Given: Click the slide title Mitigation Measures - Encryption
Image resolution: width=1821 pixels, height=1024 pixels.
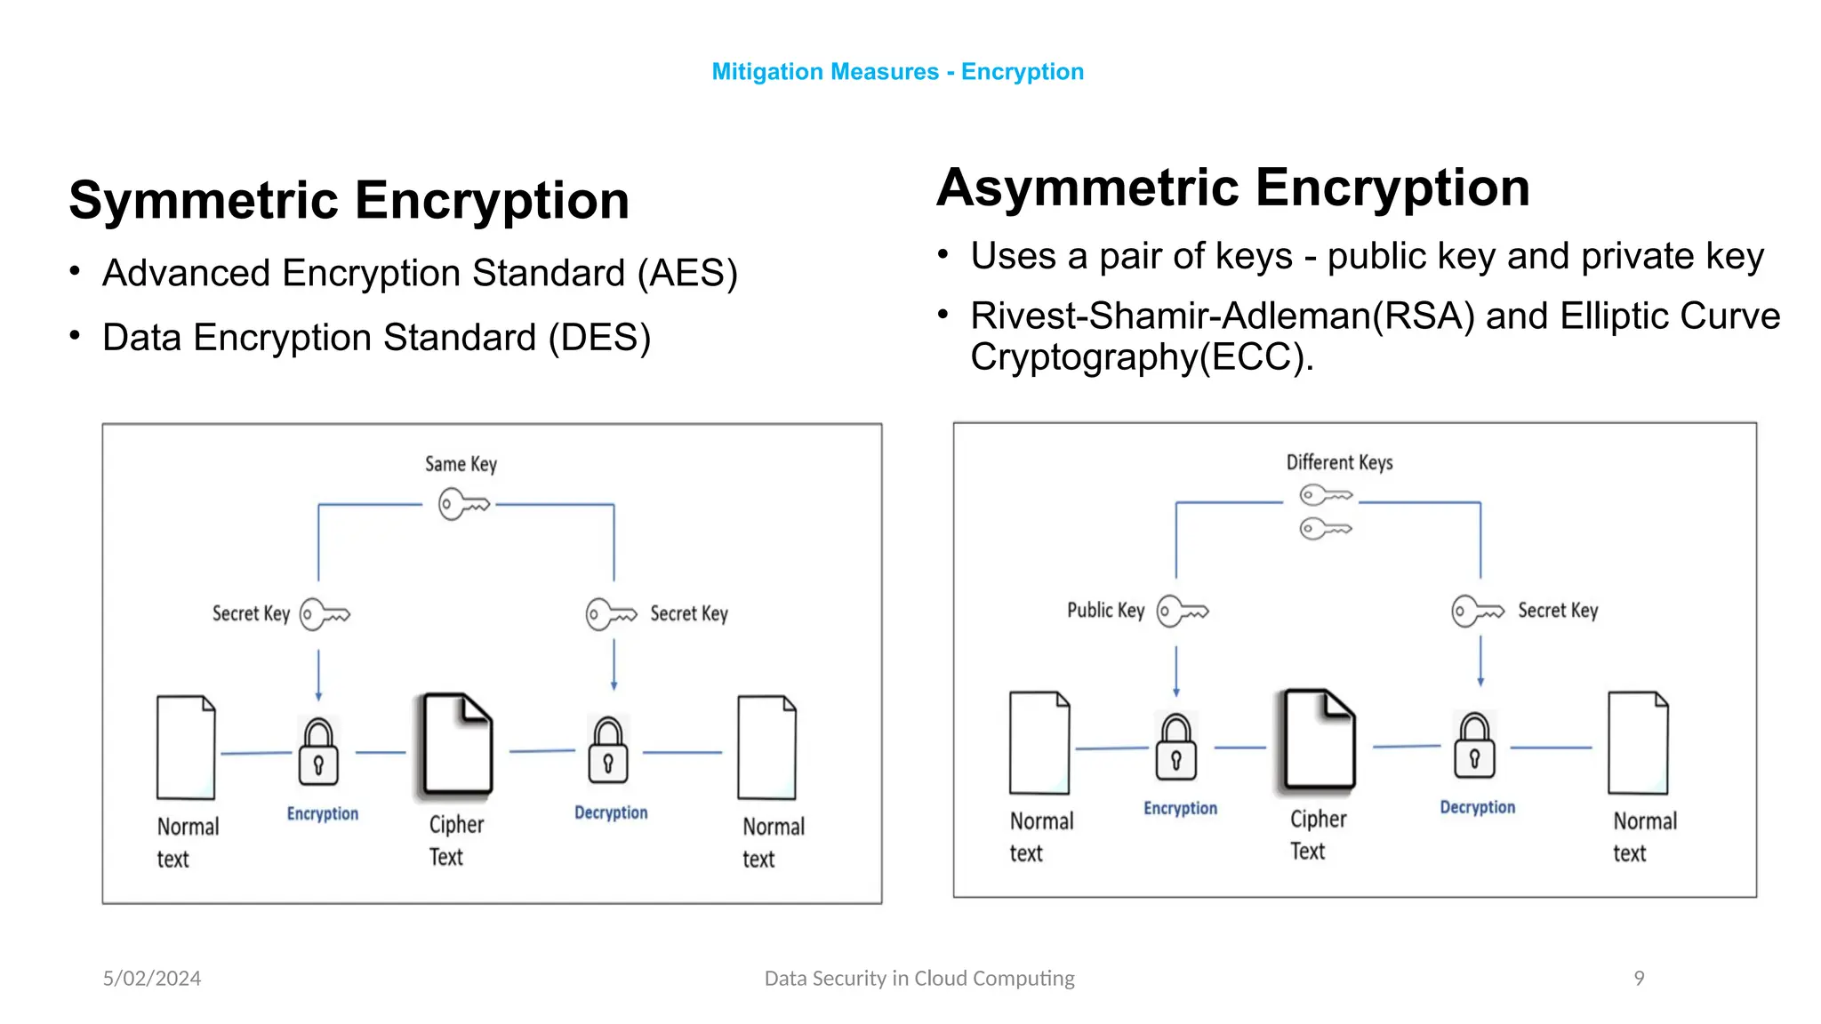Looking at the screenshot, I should click(x=897, y=72).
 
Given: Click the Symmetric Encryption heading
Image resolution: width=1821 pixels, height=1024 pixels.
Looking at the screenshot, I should click(x=349, y=200).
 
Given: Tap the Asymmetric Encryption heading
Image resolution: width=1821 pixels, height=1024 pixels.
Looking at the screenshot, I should click(x=1232, y=188).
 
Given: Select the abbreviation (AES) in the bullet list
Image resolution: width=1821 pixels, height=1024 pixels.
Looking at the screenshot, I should click(x=687, y=273).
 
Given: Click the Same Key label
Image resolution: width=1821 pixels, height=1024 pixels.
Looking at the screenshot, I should click(x=461, y=464).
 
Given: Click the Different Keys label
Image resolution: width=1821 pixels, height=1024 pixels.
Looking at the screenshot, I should click(x=1339, y=462).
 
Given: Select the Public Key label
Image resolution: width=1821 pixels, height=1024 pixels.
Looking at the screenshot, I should click(x=1105, y=611).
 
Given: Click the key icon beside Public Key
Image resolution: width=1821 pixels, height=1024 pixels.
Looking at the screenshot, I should click(x=1183, y=612).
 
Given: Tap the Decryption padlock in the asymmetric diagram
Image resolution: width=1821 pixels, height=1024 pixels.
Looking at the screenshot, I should click(x=1474, y=746).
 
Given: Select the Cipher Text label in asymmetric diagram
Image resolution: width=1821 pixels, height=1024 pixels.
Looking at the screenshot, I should click(x=1318, y=835).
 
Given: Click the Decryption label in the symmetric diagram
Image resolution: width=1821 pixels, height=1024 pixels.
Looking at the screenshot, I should click(x=611, y=812).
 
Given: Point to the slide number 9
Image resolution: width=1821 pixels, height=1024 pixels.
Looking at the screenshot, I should click(x=1639, y=978).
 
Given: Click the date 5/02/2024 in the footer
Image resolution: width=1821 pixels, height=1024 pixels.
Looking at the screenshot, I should click(x=152, y=978).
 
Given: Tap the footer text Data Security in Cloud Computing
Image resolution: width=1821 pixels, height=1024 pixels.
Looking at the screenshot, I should click(x=919, y=978).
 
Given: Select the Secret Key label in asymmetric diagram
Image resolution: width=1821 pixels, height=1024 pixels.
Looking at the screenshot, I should click(x=1557, y=611).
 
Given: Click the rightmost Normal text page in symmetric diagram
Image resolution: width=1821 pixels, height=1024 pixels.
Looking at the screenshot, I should click(x=766, y=748).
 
